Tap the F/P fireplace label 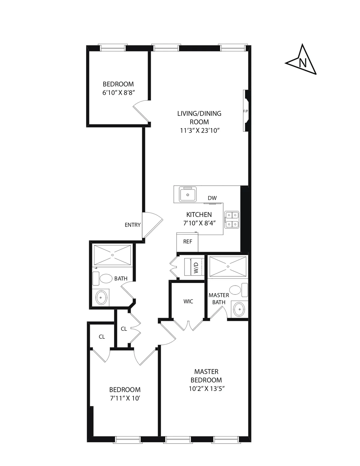[245, 111]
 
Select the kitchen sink [187, 194]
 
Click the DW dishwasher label [212, 198]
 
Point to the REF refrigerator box [187, 242]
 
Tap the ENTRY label [133, 225]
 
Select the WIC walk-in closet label [188, 301]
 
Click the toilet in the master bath [235, 290]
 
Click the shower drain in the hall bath [112, 255]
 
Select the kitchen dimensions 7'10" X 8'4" [199, 223]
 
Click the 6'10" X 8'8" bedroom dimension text [118, 93]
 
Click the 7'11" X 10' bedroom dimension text [125, 398]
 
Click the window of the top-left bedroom [113, 48]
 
